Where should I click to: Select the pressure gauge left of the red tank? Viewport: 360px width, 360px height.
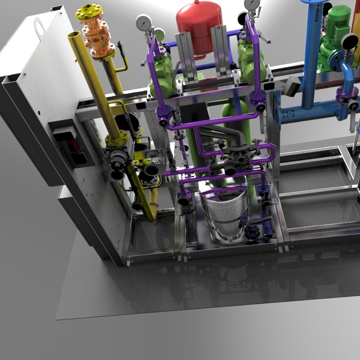coord(143,23)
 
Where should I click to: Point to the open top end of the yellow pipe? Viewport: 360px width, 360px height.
coord(75,37)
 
